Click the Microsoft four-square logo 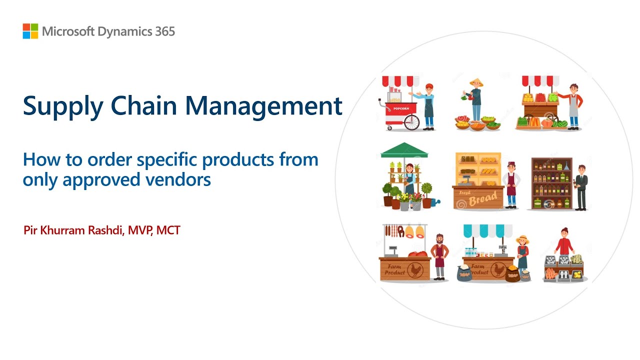pos(30,31)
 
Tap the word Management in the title pos(263,106)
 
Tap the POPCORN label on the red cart pos(401,108)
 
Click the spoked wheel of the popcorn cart pos(412,122)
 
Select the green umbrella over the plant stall pos(404,149)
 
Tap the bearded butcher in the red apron pos(439,255)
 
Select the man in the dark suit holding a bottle pos(580,186)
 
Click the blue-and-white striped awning pos(487,230)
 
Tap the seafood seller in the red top pos(564,242)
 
